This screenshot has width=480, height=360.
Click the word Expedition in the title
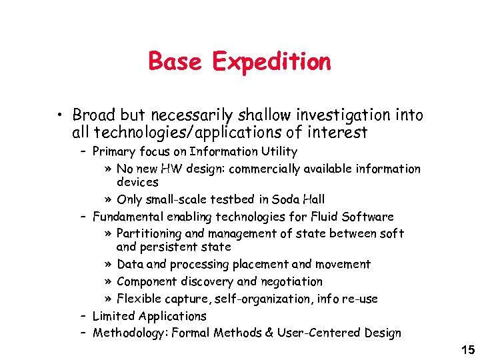tap(271, 62)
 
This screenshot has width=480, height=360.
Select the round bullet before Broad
tap(61, 116)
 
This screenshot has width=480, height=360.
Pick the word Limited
tap(112, 316)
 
